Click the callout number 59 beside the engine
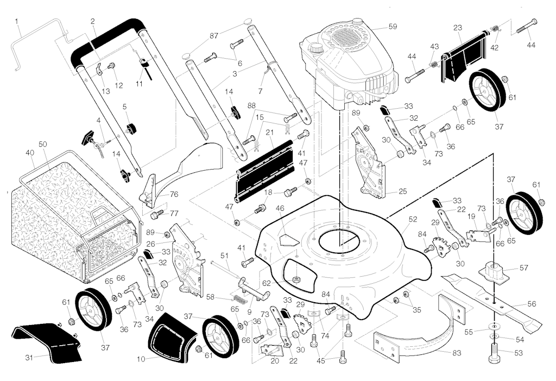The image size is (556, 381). [x=393, y=26]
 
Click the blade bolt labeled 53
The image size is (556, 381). [x=494, y=359]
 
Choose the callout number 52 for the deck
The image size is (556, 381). [x=413, y=219]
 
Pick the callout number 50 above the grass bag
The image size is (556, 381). [x=43, y=144]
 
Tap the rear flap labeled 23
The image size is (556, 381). [x=464, y=60]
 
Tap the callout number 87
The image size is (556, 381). [x=214, y=35]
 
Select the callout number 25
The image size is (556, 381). [x=402, y=191]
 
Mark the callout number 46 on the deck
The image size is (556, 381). [x=280, y=208]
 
